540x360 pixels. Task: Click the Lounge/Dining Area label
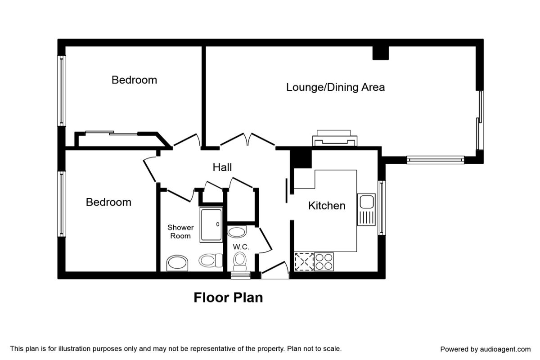point(335,87)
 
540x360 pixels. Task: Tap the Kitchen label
point(327,206)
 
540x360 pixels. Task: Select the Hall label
point(222,167)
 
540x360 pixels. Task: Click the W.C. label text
point(241,247)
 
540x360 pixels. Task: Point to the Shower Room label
point(180,231)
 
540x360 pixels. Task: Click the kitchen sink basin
point(367,202)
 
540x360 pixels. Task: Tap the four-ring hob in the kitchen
point(324,261)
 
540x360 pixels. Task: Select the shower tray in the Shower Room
point(211,225)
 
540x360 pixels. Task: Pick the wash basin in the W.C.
point(237,232)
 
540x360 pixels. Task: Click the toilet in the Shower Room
point(211,260)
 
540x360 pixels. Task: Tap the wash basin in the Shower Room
point(177,263)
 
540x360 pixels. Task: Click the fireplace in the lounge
point(335,138)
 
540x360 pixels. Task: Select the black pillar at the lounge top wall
point(381,53)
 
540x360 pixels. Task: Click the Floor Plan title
point(228,297)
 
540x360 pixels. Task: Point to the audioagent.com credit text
point(485,349)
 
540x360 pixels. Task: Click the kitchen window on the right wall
point(382,207)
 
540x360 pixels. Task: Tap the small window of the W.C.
point(241,275)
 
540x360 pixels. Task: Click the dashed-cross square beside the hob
point(304,261)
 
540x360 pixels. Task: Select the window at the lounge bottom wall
point(436,160)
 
